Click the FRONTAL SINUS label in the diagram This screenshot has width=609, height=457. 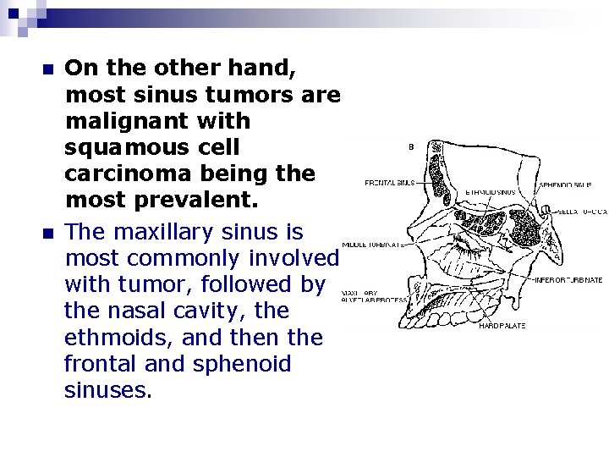click(390, 182)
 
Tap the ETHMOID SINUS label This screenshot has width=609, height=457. click(491, 192)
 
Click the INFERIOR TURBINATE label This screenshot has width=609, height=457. click(568, 280)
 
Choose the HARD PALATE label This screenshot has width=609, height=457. click(502, 325)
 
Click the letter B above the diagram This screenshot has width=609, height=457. click(411, 147)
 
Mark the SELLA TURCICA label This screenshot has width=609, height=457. click(584, 211)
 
